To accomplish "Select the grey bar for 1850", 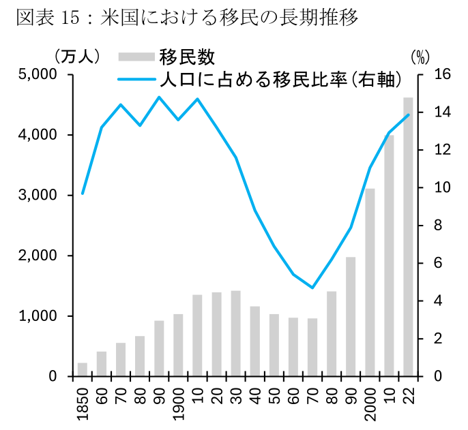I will coord(83,369).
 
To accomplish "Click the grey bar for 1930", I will coord(235,333).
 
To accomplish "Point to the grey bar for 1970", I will coord(312,347).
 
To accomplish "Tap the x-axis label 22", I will coord(408,394).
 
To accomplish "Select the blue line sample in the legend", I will coord(136,80).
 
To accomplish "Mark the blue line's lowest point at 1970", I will coord(312,288).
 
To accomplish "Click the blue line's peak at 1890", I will coord(159,97).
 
